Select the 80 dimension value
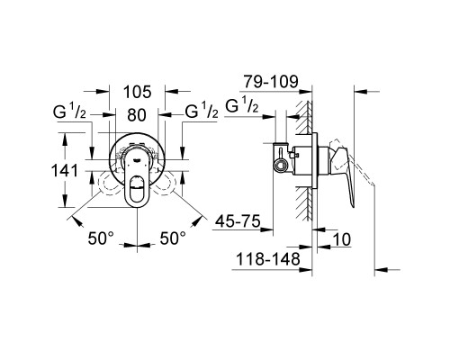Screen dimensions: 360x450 point(136,114)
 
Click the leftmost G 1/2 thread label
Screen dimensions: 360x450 point(71,114)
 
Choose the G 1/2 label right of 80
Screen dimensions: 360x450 point(200,114)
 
